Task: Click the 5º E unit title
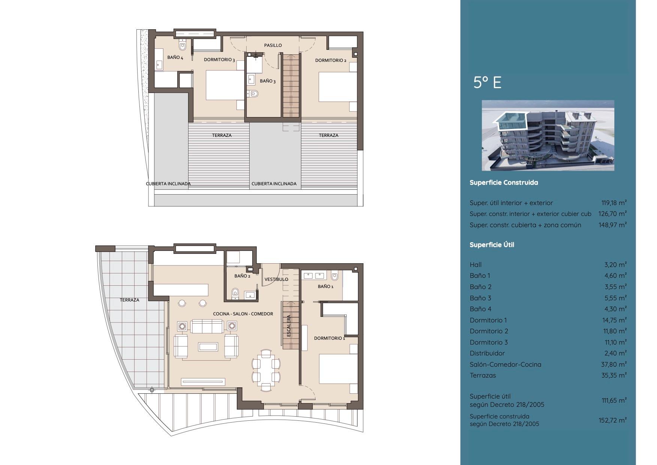(487, 82)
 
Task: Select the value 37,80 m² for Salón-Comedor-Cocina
(614, 364)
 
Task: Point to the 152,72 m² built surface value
(612, 420)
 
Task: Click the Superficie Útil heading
(492, 245)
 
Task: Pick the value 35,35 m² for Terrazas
(614, 375)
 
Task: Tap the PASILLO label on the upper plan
(273, 45)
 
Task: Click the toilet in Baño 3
(253, 94)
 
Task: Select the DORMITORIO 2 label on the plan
(331, 60)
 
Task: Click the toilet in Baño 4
(183, 46)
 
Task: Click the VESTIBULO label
(276, 279)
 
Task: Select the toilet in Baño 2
(235, 292)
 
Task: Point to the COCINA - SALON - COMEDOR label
(243, 314)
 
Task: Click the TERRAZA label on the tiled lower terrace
(130, 300)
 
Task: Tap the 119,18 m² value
(614, 203)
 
